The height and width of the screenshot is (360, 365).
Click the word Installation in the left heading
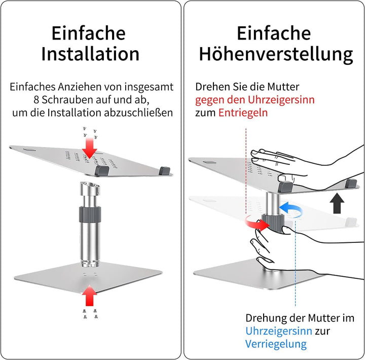(90, 53)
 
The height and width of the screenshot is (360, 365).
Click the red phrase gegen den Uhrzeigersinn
(254, 99)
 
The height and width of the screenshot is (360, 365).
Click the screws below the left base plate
(89, 314)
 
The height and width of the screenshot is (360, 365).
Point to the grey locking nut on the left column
(89, 214)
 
